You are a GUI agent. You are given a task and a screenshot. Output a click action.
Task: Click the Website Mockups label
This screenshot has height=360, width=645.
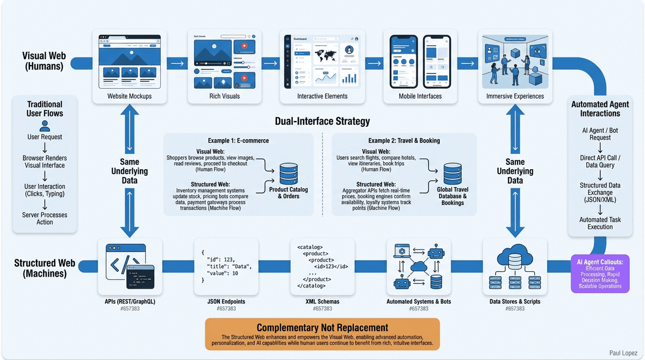[130, 96]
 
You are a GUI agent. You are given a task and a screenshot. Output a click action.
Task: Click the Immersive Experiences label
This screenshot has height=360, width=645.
[515, 96]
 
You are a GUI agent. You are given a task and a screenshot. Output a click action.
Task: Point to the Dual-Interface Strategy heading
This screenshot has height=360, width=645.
[322, 121]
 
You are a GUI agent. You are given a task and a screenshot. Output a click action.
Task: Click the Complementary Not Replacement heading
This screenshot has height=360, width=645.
[322, 327]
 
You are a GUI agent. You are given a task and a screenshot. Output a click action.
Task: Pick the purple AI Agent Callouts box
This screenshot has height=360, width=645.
[600, 273]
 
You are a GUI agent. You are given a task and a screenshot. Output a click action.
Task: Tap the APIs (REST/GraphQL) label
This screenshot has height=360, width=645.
[130, 301]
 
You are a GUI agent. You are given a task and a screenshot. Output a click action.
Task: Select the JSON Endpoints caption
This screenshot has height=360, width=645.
[224, 301]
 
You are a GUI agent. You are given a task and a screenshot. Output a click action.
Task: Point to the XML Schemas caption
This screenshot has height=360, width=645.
[322, 301]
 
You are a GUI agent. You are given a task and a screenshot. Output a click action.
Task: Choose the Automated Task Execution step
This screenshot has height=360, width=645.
[600, 223]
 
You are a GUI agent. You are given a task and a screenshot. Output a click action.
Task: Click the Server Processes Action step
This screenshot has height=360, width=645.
[45, 218]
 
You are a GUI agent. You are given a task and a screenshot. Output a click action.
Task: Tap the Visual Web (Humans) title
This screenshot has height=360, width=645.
[42, 61]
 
